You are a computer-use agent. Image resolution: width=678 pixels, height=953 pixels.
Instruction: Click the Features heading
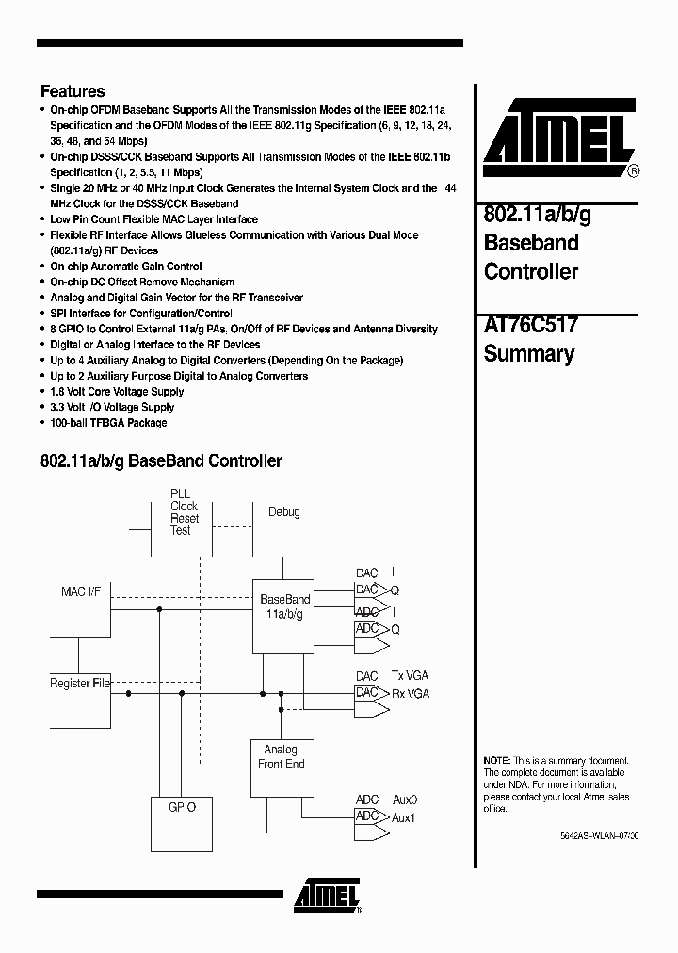(x=73, y=91)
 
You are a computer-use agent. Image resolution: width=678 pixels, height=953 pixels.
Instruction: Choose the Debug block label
(x=283, y=512)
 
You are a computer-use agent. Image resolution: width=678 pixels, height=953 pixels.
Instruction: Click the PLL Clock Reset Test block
(x=184, y=519)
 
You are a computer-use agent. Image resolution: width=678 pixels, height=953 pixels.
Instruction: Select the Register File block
(x=80, y=684)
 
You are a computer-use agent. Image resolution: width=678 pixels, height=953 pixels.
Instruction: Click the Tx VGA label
(x=410, y=676)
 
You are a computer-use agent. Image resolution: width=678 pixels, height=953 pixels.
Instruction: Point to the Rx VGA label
(x=410, y=693)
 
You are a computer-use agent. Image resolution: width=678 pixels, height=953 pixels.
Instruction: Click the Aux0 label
(x=404, y=800)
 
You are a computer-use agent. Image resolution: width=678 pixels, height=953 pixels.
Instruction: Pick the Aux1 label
(x=404, y=817)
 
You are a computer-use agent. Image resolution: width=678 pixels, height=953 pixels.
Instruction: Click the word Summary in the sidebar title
(x=528, y=354)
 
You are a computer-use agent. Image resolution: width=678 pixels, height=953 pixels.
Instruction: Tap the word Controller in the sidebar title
(x=530, y=271)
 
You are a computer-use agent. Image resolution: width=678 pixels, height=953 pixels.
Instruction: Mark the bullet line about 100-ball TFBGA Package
(x=108, y=423)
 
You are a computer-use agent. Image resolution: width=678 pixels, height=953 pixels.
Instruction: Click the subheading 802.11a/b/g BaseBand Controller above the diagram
(x=161, y=461)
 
